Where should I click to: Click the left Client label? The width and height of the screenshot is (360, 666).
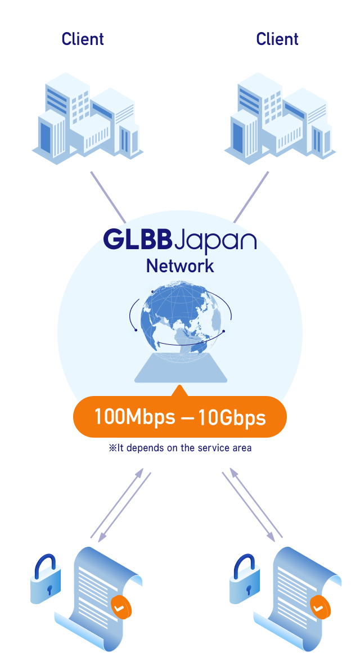pos(83,39)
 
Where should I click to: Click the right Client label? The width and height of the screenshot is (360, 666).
pos(277,39)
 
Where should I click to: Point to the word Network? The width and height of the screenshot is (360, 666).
pos(180,265)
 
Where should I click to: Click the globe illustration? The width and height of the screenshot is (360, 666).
pos(181,321)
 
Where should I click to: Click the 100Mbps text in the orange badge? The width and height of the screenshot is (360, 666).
pos(134,417)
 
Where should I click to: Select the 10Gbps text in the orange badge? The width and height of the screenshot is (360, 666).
pos(233,417)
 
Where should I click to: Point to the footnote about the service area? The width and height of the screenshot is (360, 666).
pos(180,448)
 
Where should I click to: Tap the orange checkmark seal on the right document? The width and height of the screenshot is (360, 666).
pos(318,607)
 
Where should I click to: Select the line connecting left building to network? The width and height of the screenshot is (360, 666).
pos(107,197)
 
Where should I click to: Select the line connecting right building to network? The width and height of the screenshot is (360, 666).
pos(251,197)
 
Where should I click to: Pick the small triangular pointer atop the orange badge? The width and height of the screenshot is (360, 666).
pos(179,390)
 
